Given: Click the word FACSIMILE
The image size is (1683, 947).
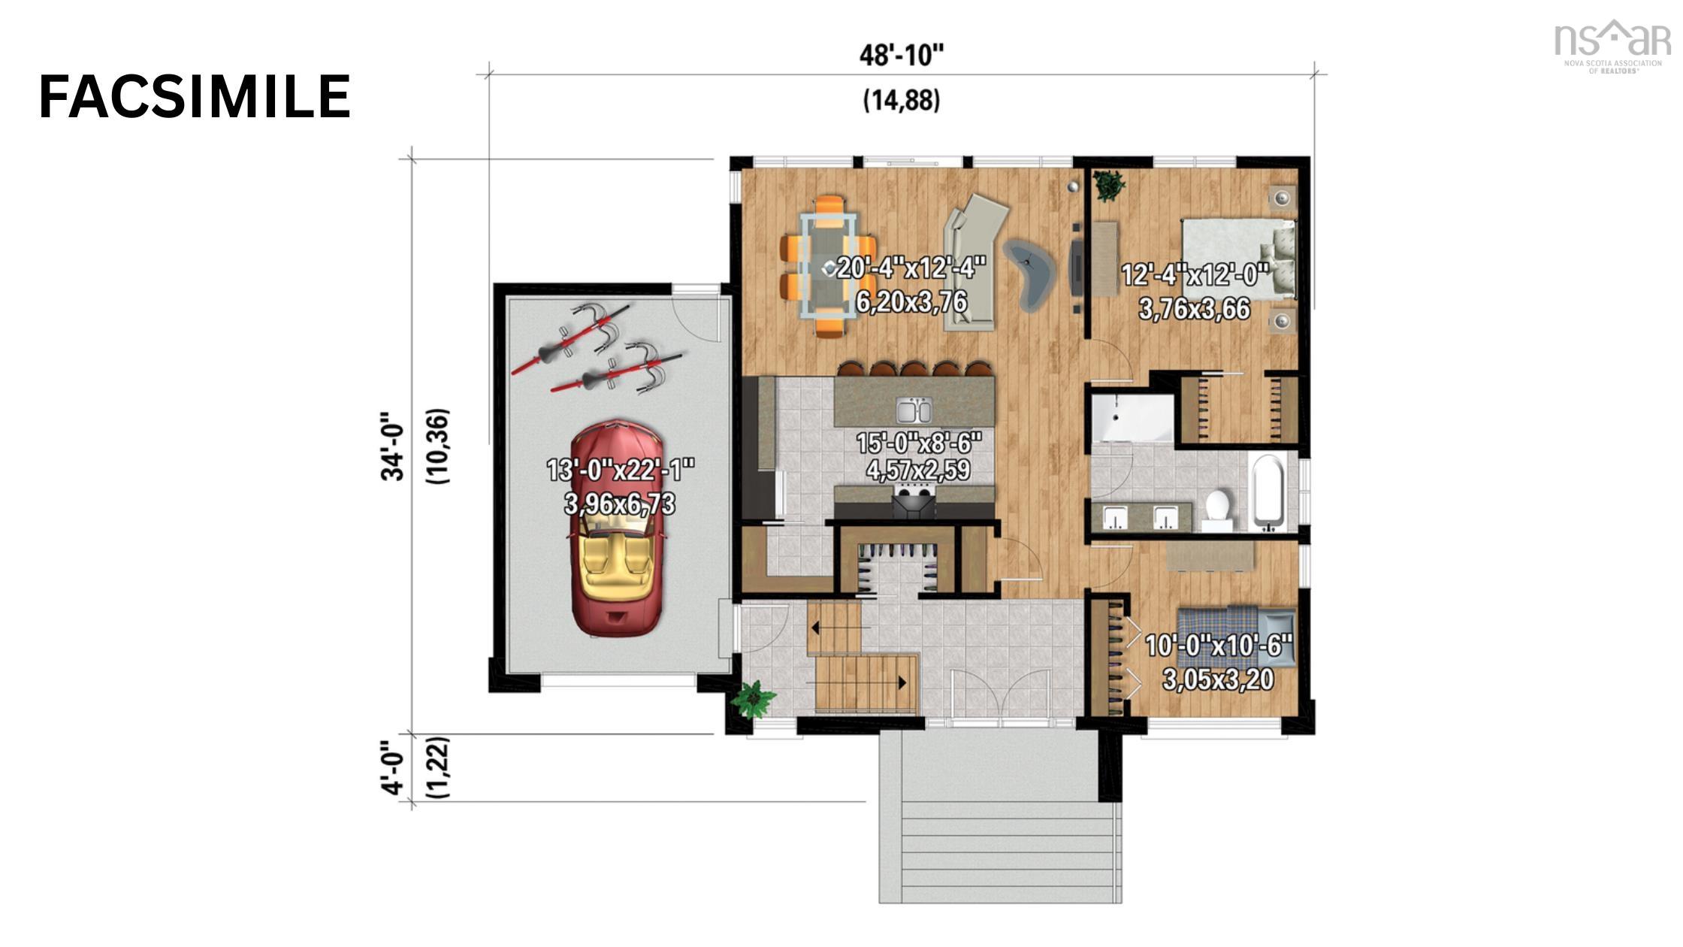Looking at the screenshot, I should [x=195, y=98].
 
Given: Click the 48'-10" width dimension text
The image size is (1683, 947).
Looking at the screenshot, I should [x=901, y=56].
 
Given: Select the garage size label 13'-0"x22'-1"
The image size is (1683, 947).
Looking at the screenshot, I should [x=621, y=470].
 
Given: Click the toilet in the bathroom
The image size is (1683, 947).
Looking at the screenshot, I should [x=1215, y=506].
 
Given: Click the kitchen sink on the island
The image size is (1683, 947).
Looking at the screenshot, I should [x=914, y=411].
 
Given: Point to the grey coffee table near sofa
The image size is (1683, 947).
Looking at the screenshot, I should [x=1029, y=273].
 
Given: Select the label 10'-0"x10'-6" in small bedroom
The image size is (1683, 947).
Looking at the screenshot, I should [x=1218, y=646].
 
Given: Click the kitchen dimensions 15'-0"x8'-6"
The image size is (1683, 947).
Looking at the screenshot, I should [x=919, y=443].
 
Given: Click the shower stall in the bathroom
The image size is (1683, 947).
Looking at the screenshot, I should [x=1132, y=418].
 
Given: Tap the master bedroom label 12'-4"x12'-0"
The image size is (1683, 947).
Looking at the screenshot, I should [x=1195, y=275].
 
